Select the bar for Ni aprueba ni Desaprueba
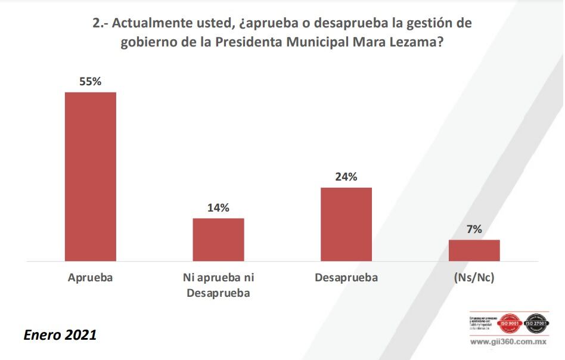(x=218, y=240)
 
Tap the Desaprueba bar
(x=346, y=224)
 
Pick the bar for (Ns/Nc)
(x=474, y=250)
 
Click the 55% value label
(x=91, y=82)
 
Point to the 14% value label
(x=218, y=208)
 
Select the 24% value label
(x=346, y=177)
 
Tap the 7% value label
(x=474, y=229)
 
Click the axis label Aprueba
(x=91, y=278)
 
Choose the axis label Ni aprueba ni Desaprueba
(x=218, y=285)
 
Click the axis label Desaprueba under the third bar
(x=346, y=278)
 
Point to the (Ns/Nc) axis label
(x=474, y=278)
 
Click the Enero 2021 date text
(x=60, y=335)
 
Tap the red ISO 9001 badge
(x=510, y=324)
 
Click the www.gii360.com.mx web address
(x=510, y=343)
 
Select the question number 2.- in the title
(x=100, y=24)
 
